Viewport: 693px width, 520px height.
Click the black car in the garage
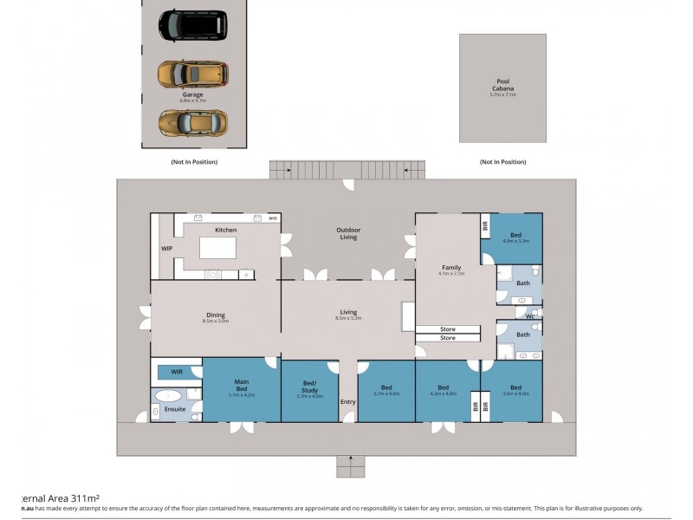(192, 25)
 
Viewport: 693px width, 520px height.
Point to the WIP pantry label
(167, 248)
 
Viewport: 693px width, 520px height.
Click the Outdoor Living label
(348, 233)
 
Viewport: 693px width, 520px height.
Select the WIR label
(177, 372)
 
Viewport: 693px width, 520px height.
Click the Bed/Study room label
(309, 389)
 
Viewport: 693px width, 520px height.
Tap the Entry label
(348, 401)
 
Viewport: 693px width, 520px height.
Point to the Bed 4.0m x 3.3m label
(515, 237)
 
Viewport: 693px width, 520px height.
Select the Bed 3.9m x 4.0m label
(515, 389)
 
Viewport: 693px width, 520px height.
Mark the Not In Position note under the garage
(193, 162)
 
